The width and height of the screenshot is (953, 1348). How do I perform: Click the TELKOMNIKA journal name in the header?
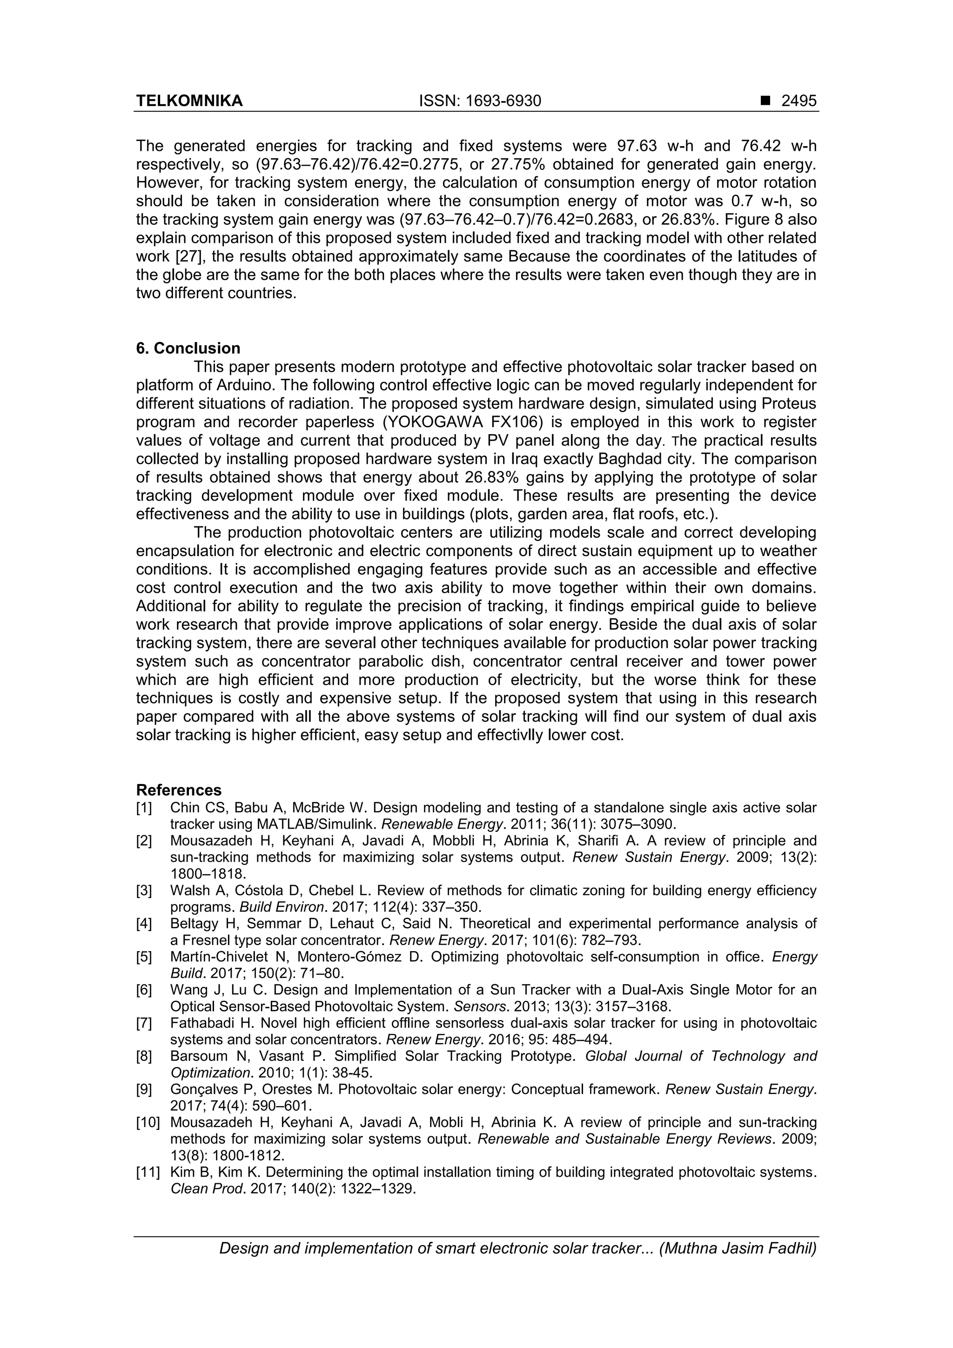[x=189, y=101]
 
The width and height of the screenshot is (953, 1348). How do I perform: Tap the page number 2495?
[x=799, y=101]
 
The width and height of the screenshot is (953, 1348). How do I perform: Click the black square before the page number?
[x=765, y=101]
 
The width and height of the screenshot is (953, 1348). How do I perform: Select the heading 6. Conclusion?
[x=188, y=348]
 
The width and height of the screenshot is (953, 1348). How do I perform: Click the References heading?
[x=179, y=790]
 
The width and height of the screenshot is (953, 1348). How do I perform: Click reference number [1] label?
[x=144, y=808]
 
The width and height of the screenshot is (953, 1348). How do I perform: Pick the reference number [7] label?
[x=144, y=1023]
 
